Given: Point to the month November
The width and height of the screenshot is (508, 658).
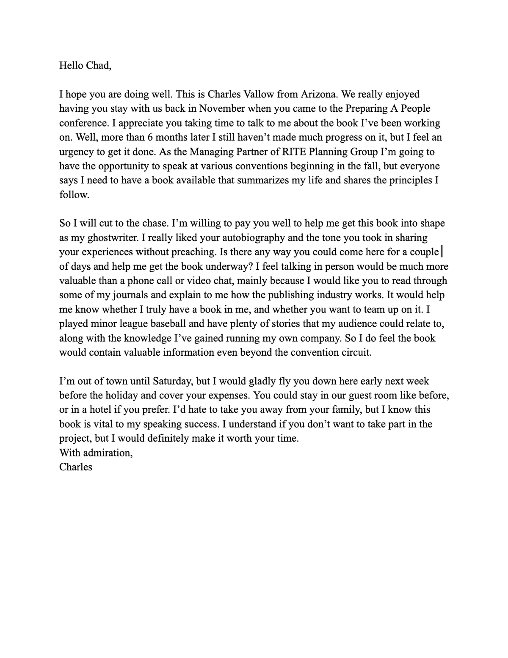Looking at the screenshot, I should tap(222, 109).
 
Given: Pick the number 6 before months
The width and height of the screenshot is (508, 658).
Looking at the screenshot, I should tap(150, 138).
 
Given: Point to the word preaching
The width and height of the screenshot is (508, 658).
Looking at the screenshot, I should tap(194, 252).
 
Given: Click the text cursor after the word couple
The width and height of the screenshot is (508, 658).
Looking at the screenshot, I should tap(442, 252).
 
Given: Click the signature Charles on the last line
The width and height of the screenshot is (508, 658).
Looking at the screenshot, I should tap(76, 467).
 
